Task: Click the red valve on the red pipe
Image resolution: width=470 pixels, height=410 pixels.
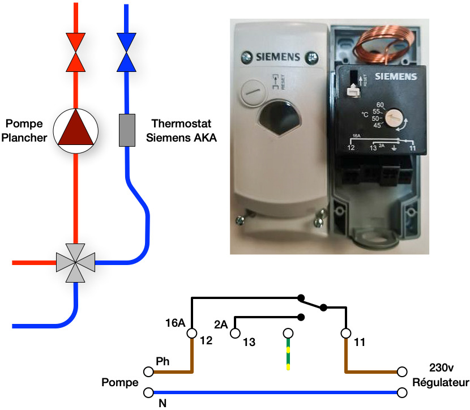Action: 75,52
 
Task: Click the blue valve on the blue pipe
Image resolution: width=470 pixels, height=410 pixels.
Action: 126,52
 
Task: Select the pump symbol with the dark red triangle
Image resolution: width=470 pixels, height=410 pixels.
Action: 75,131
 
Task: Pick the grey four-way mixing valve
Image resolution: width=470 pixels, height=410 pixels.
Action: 75,263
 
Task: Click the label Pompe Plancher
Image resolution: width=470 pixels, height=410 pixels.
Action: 25,130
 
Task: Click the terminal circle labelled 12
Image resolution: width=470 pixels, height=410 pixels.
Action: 191,333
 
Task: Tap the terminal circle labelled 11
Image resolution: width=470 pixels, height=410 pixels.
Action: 345,333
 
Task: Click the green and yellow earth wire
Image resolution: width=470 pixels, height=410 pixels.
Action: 288,354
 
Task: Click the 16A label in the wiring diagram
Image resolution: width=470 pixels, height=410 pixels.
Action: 175,324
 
